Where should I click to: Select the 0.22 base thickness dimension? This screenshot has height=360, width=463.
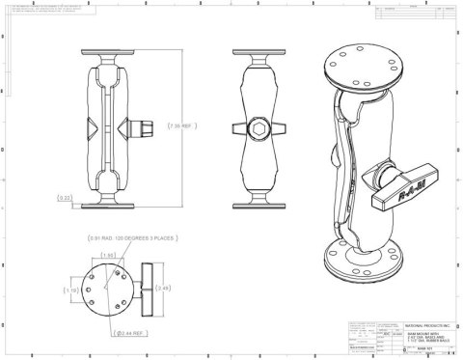pyautogui.click(x=64, y=198)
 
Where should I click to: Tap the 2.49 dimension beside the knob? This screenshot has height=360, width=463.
pyautogui.click(x=168, y=286)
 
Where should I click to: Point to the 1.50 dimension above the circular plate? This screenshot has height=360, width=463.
pyautogui.click(x=109, y=254)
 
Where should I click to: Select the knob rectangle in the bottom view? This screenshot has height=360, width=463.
pyautogui.click(x=148, y=287)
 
